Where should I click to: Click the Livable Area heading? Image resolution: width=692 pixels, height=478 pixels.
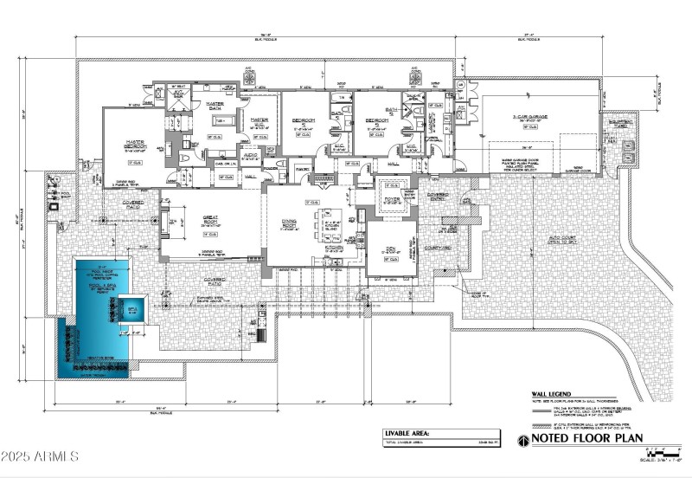click(412, 432)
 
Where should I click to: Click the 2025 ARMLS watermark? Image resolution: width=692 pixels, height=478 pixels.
click(41, 455)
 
